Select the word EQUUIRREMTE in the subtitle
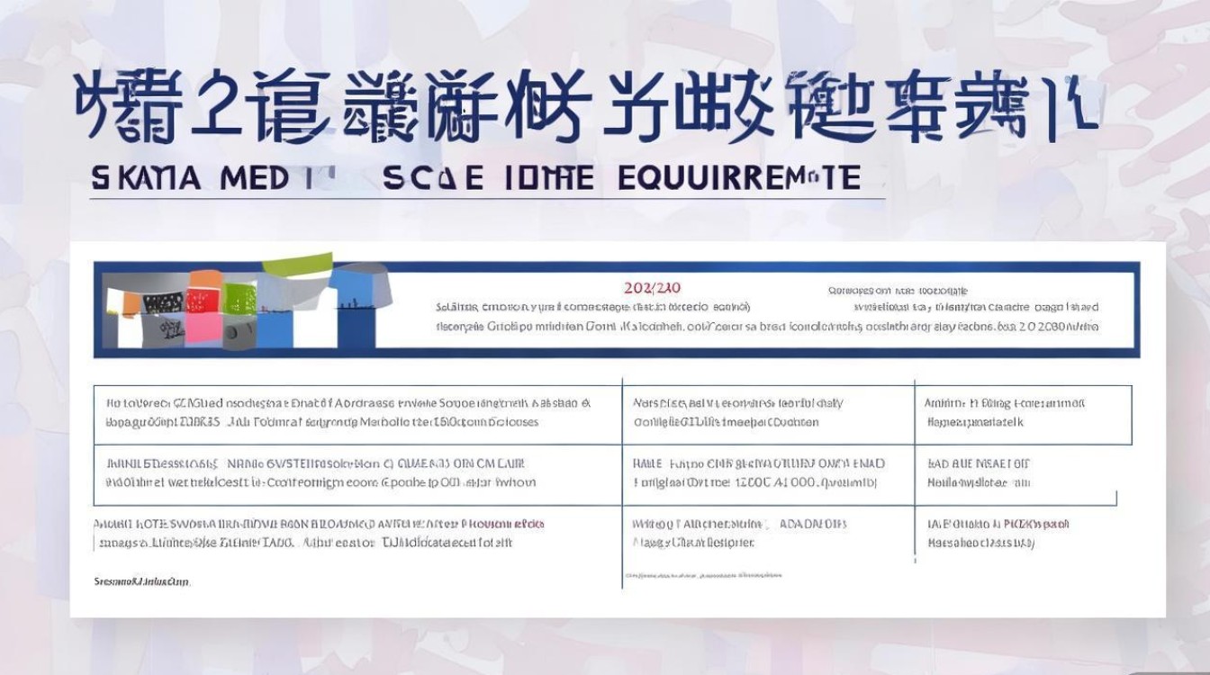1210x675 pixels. tap(739, 178)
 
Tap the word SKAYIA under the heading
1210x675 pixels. tap(146, 178)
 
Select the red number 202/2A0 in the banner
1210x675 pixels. tap(652, 288)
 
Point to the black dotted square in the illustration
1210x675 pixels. tap(163, 303)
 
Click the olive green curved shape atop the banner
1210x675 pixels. tap(296, 265)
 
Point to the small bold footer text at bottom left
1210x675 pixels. tap(141, 582)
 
